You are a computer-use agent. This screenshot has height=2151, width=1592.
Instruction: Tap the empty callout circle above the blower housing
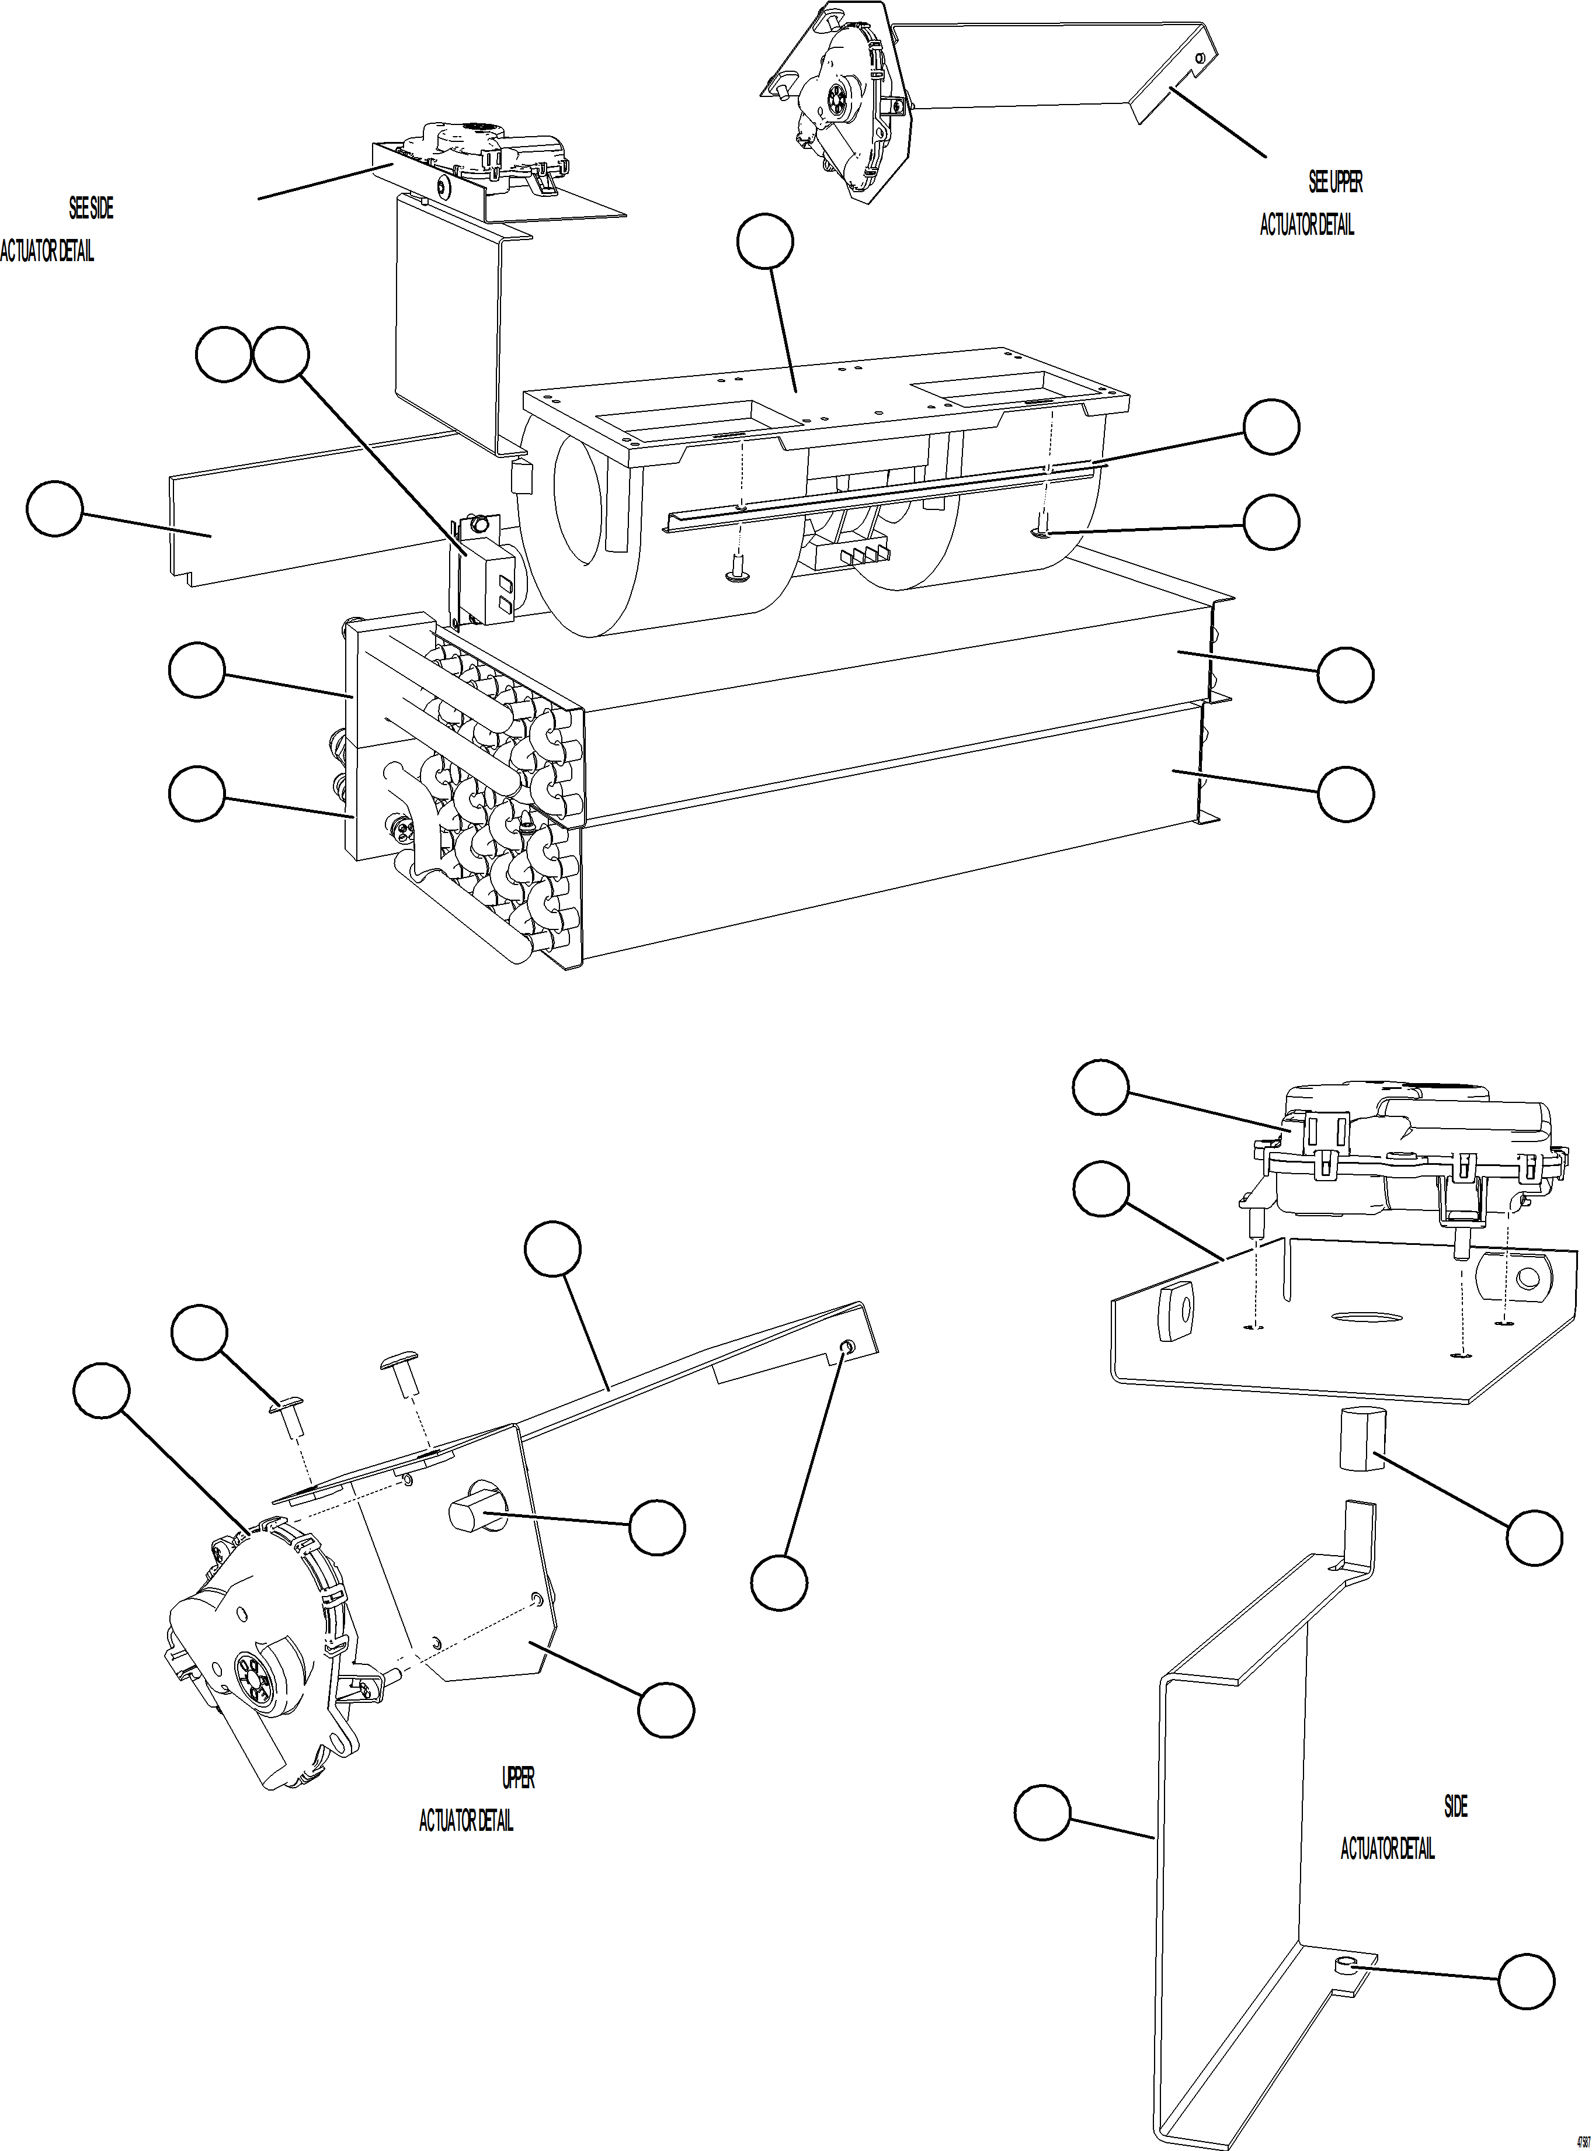click(x=765, y=244)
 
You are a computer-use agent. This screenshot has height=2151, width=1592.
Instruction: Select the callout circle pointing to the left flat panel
click(x=54, y=510)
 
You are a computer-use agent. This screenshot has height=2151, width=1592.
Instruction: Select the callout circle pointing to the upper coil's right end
click(x=1346, y=675)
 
